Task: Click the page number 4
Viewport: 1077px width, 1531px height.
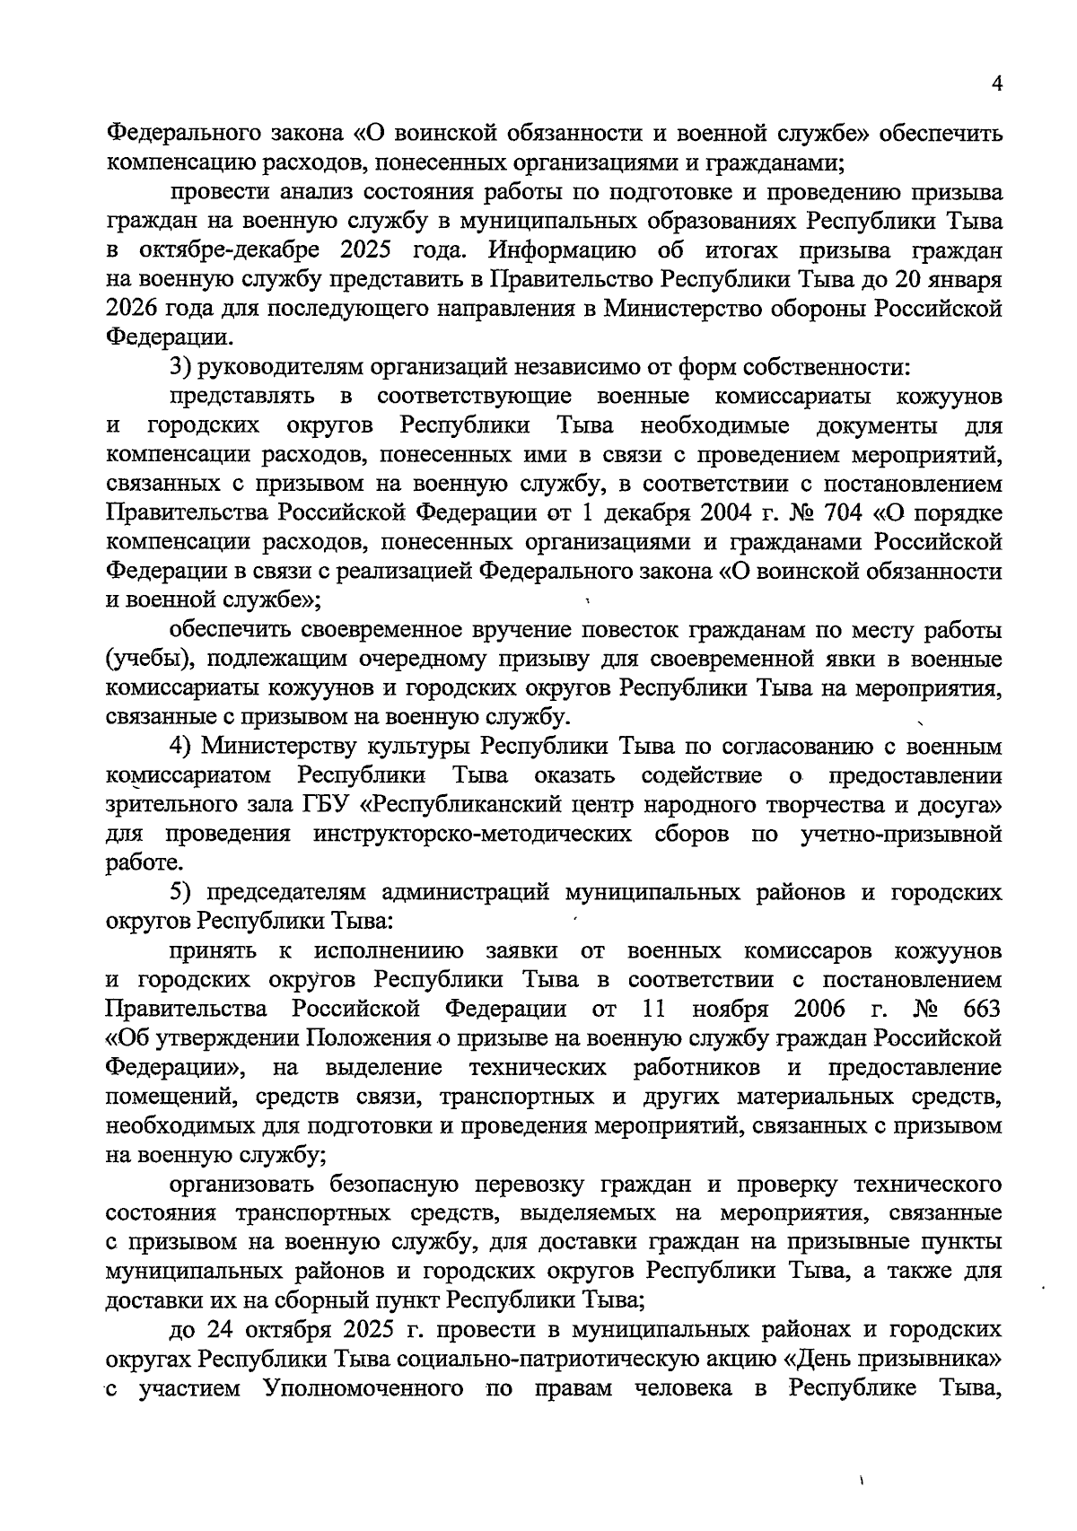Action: click(x=995, y=83)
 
